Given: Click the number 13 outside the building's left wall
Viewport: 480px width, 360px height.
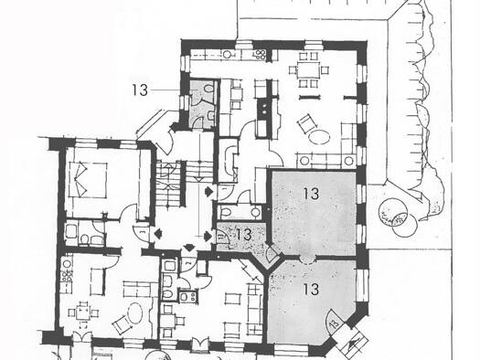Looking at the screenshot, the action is click(x=140, y=90).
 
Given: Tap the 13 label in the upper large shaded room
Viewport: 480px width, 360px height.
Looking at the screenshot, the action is click(x=311, y=194).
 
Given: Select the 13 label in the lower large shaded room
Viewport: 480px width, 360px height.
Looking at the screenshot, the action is click(x=311, y=289).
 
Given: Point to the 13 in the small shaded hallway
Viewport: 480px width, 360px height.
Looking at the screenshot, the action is click(x=244, y=235).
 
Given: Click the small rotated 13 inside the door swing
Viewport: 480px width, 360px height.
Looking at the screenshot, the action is click(x=335, y=323).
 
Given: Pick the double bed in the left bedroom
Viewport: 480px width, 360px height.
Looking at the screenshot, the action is click(x=88, y=180).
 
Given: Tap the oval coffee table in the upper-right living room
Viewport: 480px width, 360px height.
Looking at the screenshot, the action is click(x=319, y=136).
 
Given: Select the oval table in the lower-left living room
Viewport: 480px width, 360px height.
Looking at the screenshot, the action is click(x=135, y=312).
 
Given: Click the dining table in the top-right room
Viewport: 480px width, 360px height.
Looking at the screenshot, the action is click(x=308, y=70).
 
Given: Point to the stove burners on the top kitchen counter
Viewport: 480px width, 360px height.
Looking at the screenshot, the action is click(x=260, y=55).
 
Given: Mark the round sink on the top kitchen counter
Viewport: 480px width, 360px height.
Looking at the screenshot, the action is click(x=227, y=55).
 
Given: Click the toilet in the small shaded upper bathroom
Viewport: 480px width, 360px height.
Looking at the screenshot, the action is click(x=208, y=88).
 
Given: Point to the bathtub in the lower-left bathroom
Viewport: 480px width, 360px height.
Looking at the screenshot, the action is click(x=71, y=231).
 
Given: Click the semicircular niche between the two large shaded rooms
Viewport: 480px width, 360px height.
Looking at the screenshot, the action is click(x=307, y=259).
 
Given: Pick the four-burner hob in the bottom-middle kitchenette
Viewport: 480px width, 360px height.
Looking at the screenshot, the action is click(x=187, y=296).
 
